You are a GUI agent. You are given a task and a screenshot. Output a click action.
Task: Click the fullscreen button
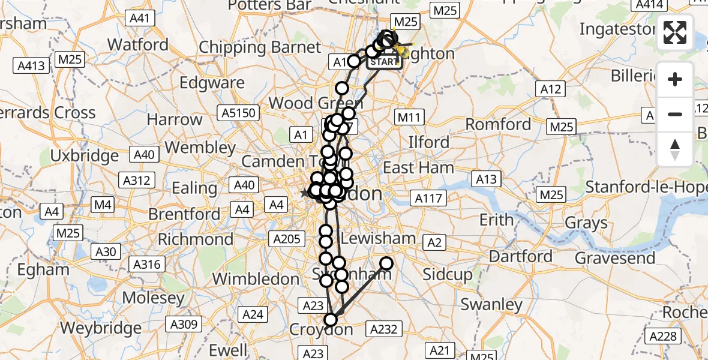(676, 32)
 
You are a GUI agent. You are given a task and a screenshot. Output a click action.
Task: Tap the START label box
(384, 62)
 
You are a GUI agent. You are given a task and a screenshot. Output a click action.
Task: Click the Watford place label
(138, 45)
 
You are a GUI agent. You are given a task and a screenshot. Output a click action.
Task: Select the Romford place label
(499, 124)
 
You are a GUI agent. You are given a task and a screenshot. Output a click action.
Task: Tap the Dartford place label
(521, 256)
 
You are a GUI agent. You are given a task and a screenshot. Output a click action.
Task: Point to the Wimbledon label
(256, 279)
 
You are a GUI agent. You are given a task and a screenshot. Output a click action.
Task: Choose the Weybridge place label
(100, 328)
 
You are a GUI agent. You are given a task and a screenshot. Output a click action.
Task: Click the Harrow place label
(175, 119)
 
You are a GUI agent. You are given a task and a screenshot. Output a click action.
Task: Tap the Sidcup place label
(447, 275)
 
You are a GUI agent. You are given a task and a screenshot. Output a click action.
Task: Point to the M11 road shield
(410, 117)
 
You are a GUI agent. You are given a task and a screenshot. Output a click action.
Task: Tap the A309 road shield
(169, 325)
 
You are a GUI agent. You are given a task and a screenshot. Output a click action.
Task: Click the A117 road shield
(428, 198)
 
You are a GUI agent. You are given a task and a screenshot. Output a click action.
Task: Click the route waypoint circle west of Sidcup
(386, 263)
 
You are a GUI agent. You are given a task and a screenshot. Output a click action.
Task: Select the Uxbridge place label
(85, 156)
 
